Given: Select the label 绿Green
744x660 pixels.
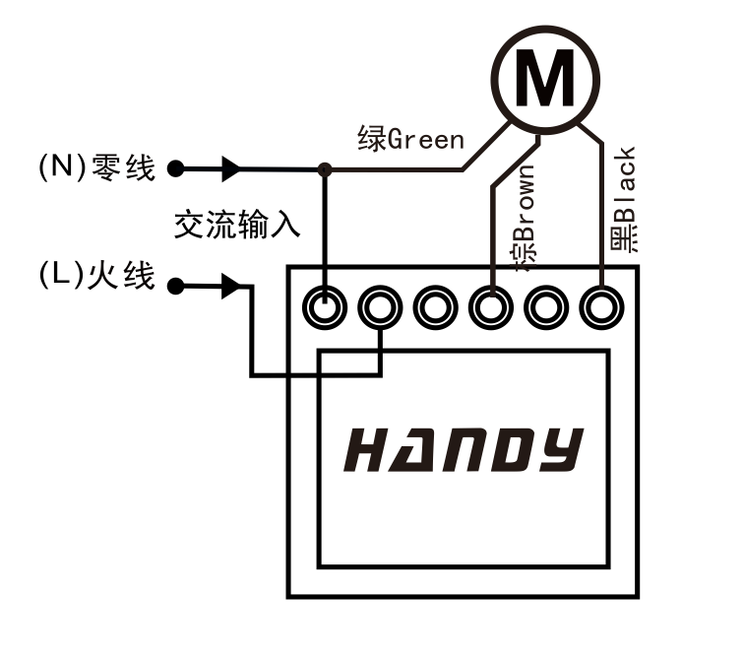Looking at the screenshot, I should (x=410, y=139).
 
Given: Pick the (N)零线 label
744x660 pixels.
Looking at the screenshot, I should (x=96, y=167).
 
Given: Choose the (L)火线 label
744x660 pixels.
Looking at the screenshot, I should (x=96, y=276).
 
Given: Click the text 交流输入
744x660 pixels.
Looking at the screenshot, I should (x=236, y=226).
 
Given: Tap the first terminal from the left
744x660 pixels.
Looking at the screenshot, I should (x=325, y=308).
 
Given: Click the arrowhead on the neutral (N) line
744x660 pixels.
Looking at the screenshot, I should (x=231, y=169).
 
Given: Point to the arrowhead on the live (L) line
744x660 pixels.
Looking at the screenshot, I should (x=231, y=288).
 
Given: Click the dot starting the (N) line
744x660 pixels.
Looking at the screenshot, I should (x=176, y=169).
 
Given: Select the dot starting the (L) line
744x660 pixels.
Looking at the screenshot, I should (x=176, y=288).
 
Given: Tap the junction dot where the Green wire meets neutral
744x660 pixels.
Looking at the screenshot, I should (x=325, y=170).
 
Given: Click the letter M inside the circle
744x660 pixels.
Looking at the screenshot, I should (x=546, y=79).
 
